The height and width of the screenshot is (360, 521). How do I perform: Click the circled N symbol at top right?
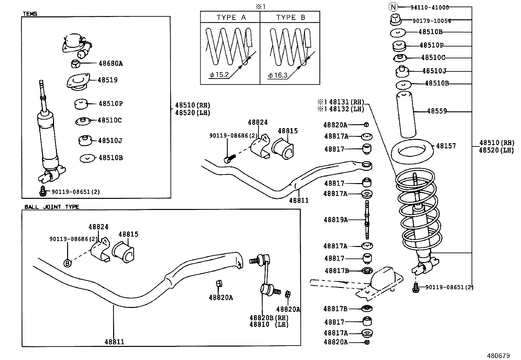pos(394,7)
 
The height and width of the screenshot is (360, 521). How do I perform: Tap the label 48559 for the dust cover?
pos(437,111)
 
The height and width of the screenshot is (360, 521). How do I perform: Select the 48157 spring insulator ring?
pos(413,149)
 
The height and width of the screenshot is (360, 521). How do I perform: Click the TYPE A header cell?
pos(231,17)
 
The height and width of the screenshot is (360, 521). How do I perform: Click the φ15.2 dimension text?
pos(219,75)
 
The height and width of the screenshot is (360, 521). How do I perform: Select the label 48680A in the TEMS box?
pos(110,64)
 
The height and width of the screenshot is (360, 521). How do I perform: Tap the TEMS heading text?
pos(30,14)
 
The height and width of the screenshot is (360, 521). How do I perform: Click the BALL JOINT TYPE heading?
pos(52,207)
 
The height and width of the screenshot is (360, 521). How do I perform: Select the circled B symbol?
pos(67,263)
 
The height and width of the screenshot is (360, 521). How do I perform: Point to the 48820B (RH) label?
pos(269,317)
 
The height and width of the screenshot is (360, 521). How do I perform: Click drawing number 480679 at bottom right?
pos(498,355)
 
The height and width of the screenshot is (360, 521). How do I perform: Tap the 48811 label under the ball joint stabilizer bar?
pos(114,342)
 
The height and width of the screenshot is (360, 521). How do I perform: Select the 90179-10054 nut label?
pos(431,21)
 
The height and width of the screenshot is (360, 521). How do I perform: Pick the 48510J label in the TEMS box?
pos(110,141)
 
